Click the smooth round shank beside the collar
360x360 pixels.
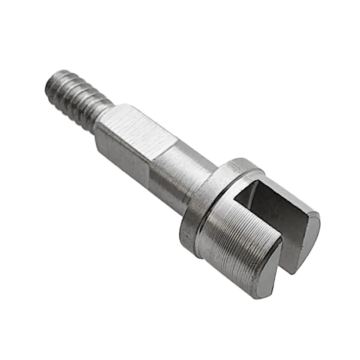[179, 176]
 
